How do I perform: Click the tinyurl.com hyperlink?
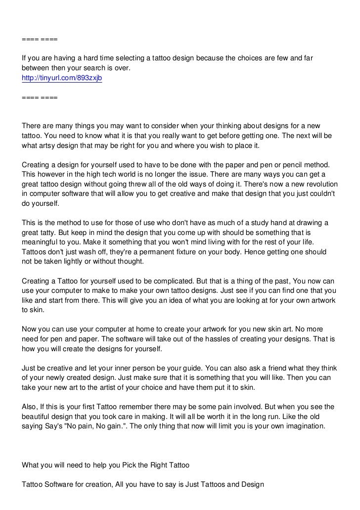61,78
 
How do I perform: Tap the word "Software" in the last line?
62,486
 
